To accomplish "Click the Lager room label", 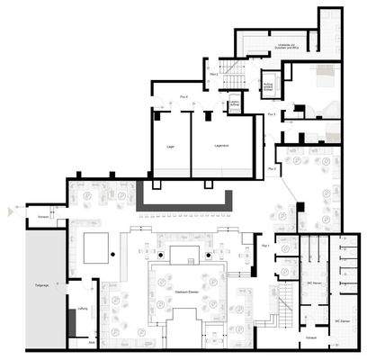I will pos(170,147).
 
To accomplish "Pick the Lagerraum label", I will pos(221,146).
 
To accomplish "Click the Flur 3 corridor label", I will pos(273,114).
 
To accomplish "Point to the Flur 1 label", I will pos(264,245).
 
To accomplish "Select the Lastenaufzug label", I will pos(236,104).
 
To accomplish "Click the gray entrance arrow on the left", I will pos(11,211).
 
